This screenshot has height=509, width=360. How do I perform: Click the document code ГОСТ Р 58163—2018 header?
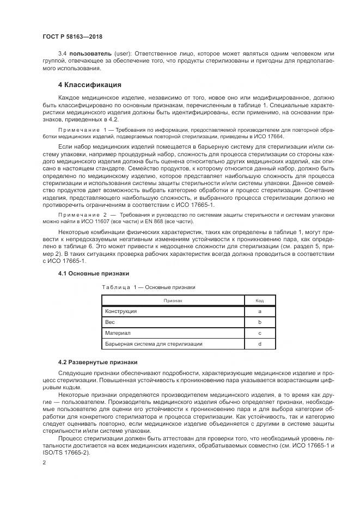(x=72, y=36)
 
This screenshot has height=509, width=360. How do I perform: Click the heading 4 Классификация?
(x=89, y=85)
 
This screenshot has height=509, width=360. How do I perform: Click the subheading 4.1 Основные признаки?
(x=94, y=273)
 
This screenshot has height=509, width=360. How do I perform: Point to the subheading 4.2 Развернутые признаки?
(x=97, y=363)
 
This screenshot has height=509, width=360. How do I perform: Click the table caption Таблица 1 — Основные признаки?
(x=148, y=287)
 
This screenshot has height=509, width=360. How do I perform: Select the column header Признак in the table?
(x=173, y=301)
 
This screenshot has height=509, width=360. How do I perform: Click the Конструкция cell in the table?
(x=121, y=311)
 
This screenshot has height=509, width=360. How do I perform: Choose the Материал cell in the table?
(x=118, y=333)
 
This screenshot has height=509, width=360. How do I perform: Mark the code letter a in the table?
(x=260, y=311)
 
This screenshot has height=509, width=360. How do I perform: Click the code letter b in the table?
(x=260, y=322)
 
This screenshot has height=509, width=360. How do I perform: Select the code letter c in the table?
(x=260, y=333)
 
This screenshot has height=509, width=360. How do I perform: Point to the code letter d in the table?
(x=260, y=344)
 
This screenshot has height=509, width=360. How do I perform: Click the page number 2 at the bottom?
(x=44, y=462)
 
